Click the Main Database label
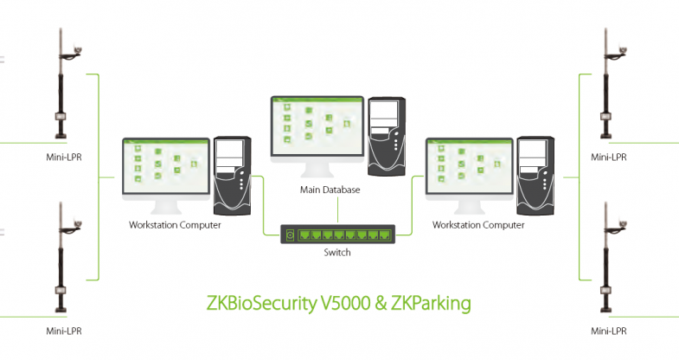(330, 190)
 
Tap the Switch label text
(337, 254)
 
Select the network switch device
(337, 234)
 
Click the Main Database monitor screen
(316, 126)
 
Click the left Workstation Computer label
(175, 225)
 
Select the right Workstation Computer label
(477, 225)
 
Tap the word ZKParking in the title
(430, 304)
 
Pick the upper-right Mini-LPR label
(609, 157)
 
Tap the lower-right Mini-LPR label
(609, 331)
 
